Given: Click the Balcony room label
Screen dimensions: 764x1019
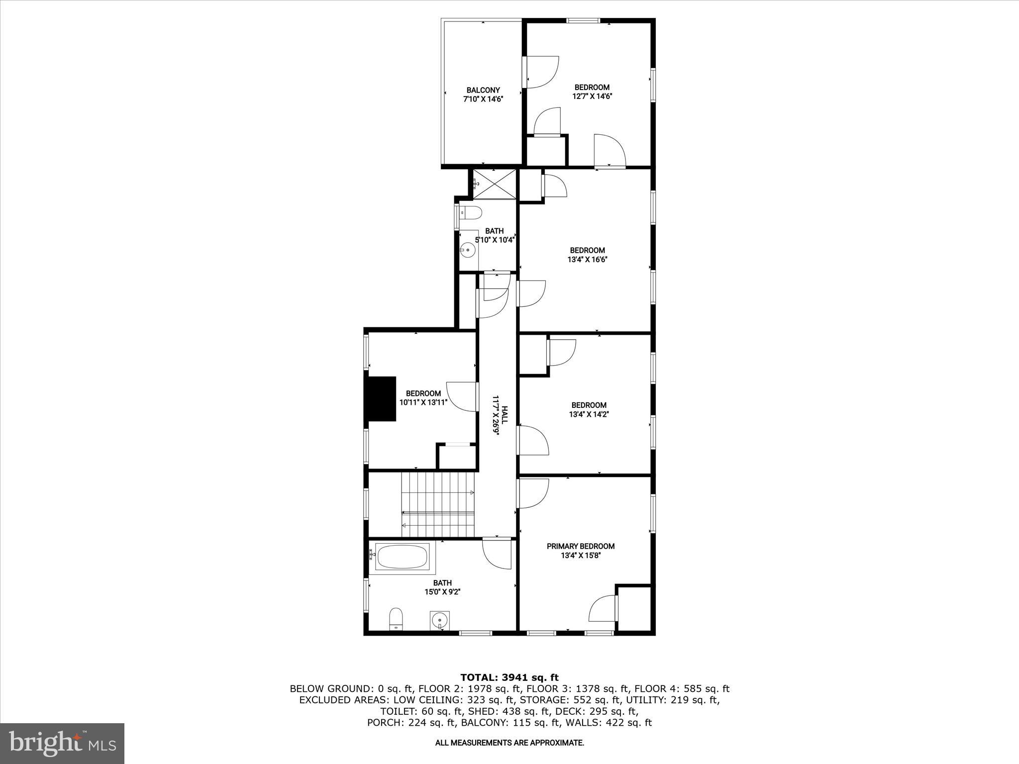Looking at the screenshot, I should pos(483,90).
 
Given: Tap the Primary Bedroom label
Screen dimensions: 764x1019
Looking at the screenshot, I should pos(580,546).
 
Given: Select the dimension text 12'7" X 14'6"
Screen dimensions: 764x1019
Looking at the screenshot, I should pos(592,96).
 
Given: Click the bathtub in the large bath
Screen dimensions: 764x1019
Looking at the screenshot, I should pos(402,557).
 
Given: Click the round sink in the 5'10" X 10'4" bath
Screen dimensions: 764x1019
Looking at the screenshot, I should pos(468,250).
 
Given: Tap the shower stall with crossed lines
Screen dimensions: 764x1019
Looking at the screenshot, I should pos(494,184).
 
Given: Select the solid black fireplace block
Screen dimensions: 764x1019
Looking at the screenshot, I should pos(382,399).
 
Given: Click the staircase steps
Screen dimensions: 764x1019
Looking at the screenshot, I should pos(438,504).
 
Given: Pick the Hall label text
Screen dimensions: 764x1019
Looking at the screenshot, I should pos(505,415).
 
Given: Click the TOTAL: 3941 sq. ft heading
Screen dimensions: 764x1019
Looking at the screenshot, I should pos(509,677).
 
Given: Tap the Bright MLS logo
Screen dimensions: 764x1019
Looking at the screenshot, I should pos(62,743).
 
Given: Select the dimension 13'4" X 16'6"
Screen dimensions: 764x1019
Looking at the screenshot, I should pos(587,259).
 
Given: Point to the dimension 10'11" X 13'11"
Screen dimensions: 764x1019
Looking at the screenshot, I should pos(423,402).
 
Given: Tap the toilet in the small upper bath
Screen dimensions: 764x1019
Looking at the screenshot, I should pos(470,213).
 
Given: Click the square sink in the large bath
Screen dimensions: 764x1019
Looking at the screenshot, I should pos(439,620).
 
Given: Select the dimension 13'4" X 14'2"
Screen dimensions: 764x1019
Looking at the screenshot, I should pos(589,414).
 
